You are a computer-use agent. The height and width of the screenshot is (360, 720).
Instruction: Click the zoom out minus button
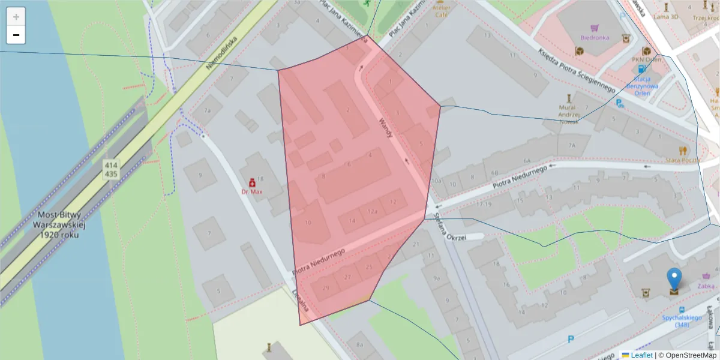tap(16, 35)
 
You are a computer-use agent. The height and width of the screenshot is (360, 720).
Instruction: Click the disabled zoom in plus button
tap(16, 17)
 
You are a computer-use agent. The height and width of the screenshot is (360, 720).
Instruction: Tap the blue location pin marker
tap(674, 280)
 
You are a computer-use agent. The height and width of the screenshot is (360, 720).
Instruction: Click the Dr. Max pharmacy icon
tap(253, 182)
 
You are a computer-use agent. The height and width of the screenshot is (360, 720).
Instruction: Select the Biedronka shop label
tap(595, 37)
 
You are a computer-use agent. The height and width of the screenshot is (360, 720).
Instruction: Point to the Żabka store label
tap(706, 286)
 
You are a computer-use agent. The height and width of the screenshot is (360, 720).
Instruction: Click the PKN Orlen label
tap(646, 60)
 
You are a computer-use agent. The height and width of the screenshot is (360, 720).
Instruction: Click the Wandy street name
tap(385, 128)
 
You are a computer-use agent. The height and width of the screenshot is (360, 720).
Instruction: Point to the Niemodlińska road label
tap(221, 52)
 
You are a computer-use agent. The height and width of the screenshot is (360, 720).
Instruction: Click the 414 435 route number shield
tap(111, 169)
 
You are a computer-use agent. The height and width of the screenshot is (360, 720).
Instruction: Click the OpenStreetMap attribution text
tap(687, 355)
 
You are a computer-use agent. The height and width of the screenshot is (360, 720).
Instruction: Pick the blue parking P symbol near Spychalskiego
tap(571, 340)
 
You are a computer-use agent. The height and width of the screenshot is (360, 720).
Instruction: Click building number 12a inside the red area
tap(373, 211)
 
